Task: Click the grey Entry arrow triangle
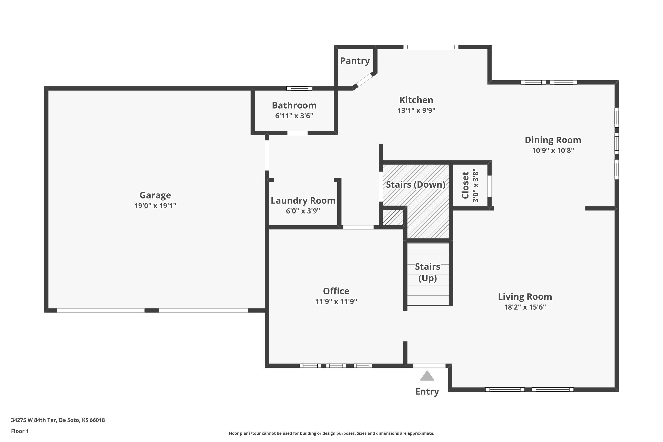[427, 376]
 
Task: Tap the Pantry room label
[355, 61]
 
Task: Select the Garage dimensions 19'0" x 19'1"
[155, 206]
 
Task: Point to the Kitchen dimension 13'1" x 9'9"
[416, 110]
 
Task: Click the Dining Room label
[553, 140]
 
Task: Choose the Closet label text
[465, 185]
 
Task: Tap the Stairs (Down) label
[415, 185]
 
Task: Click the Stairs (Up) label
[428, 272]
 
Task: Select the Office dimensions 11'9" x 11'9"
[336, 301]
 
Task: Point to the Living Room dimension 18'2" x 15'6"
[525, 307]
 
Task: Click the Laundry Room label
[303, 201]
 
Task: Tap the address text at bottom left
[58, 420]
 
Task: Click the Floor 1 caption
[20, 431]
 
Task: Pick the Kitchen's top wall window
[431, 47]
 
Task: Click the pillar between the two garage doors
[152, 310]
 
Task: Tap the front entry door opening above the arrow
[429, 366]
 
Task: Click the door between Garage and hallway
[267, 155]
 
